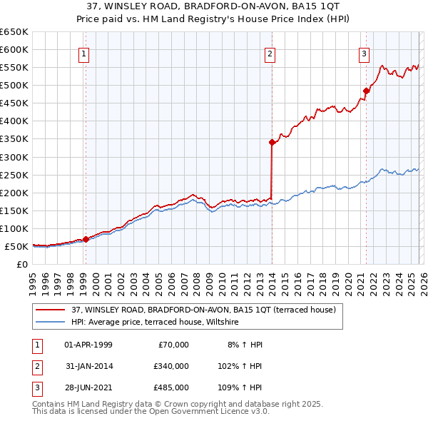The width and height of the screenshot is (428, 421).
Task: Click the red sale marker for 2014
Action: tap(272, 142)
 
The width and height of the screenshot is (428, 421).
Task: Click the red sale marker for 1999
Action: tap(86, 239)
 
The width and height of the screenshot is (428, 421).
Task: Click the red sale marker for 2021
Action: tap(366, 91)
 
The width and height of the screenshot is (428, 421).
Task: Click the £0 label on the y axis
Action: tap(21, 264)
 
